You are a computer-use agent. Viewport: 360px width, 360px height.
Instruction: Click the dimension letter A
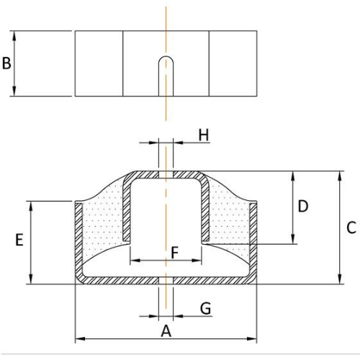166,331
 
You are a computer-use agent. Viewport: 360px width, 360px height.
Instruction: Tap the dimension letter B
6,63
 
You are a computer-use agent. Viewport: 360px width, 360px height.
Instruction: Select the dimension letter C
351,228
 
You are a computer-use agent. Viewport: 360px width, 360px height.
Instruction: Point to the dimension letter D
303,206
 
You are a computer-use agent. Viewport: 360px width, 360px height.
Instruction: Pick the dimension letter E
19,240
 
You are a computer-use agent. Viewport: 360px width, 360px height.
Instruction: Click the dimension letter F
174,252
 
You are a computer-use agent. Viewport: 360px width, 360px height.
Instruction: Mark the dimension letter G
206,308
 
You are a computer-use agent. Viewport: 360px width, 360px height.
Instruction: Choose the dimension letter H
204,135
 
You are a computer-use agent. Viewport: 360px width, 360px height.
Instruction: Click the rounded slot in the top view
166,76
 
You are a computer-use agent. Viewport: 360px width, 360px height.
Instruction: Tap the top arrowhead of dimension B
14,35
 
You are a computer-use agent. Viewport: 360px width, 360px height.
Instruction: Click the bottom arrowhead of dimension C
340,279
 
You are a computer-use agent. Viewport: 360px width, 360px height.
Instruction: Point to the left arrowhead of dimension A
81,338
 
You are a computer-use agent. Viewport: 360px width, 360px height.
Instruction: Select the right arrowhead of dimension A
252,338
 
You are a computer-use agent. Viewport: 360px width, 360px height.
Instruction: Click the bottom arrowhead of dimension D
292,239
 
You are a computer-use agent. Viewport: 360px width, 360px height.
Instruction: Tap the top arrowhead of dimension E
31,206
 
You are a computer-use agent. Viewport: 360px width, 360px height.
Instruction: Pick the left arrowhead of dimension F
135,260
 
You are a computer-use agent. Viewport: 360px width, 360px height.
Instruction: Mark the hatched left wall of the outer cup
79,240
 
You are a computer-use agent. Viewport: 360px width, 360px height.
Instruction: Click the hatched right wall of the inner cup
205,211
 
